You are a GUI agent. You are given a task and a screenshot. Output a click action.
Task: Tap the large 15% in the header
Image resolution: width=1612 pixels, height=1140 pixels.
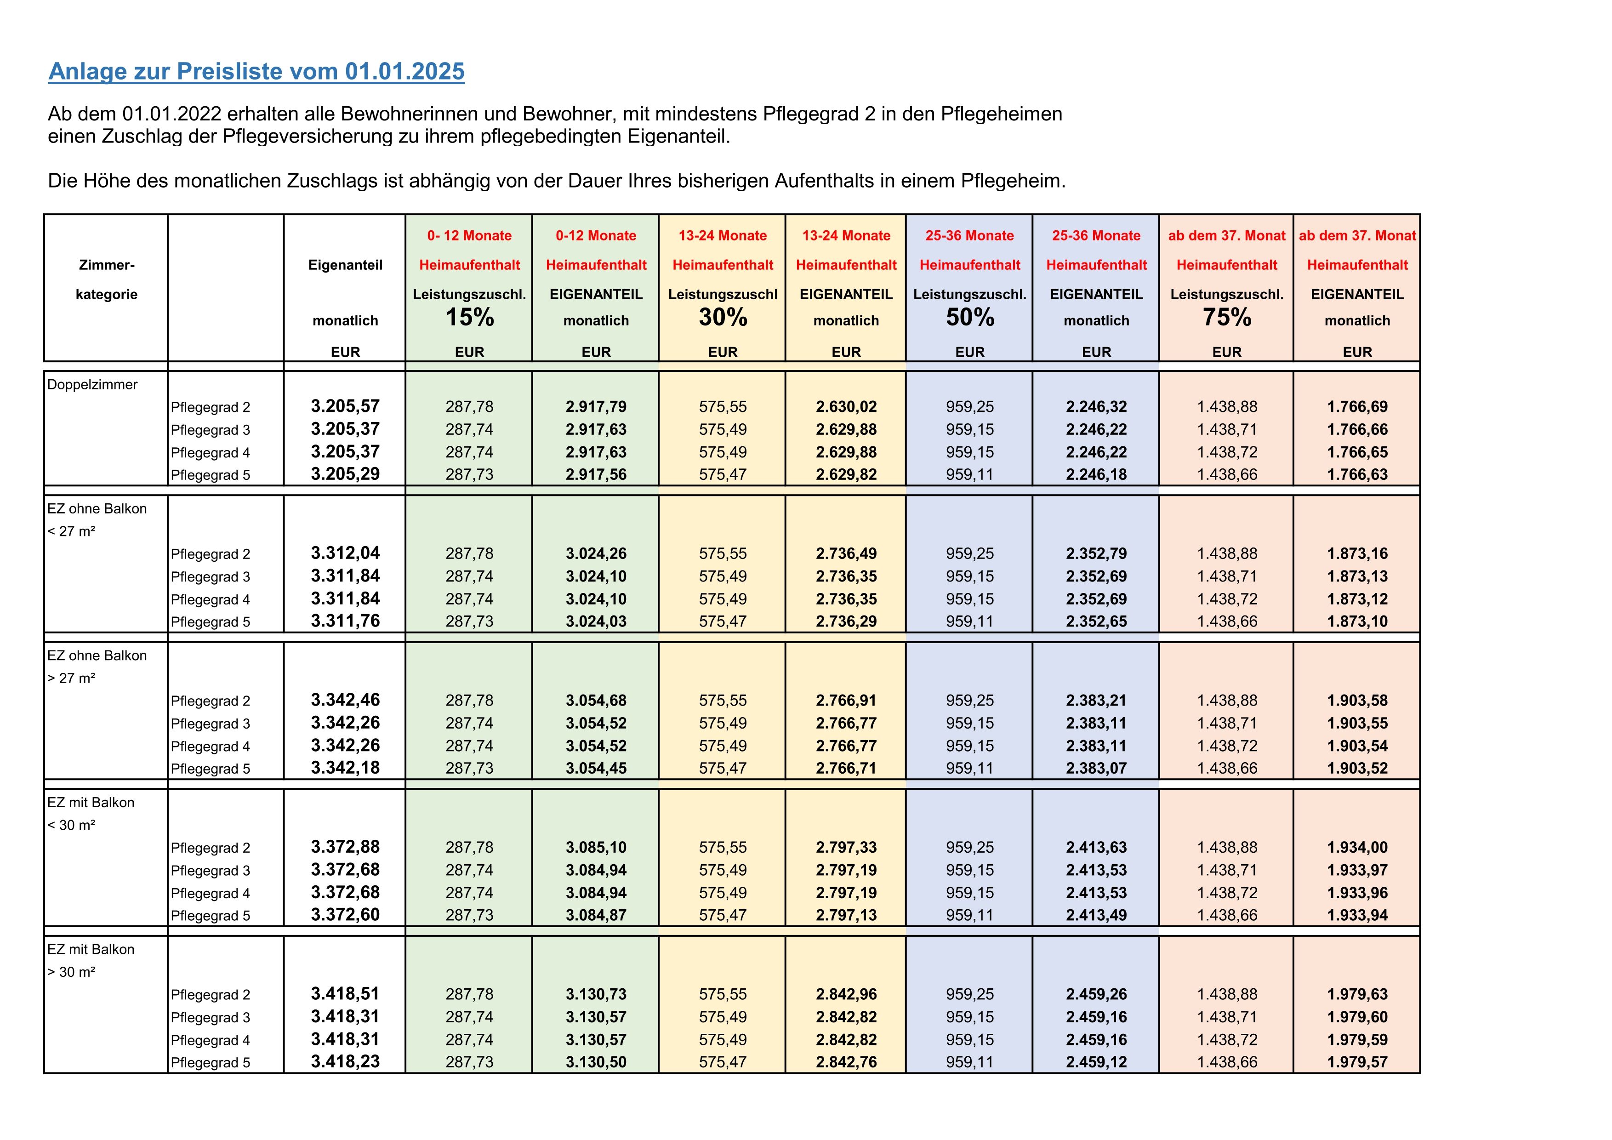click(x=470, y=317)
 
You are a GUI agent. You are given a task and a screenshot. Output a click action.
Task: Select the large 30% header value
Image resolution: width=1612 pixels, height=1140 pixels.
click(x=723, y=317)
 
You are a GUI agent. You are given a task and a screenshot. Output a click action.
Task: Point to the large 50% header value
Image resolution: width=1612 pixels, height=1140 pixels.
click(x=969, y=317)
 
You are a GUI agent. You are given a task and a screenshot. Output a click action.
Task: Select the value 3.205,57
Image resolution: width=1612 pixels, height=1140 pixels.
click(x=346, y=406)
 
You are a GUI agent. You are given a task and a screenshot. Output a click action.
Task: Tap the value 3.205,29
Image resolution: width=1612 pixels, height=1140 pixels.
click(x=346, y=474)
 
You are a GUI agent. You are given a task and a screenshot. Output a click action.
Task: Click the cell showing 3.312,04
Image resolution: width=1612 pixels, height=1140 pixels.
click(x=346, y=553)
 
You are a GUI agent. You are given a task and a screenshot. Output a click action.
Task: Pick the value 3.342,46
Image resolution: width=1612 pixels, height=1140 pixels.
click(x=346, y=700)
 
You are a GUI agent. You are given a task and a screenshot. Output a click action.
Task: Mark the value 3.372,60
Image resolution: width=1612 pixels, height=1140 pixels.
click(x=346, y=915)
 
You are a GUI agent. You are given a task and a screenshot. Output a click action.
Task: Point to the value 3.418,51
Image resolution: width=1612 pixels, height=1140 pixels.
click(x=346, y=994)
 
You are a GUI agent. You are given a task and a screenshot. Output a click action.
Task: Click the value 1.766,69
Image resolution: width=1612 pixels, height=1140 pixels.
click(x=1357, y=406)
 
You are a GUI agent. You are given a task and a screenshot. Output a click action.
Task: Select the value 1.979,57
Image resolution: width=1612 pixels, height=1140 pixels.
click(x=1357, y=1062)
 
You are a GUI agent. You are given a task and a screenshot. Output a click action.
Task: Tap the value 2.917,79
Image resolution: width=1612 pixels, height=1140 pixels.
click(x=596, y=406)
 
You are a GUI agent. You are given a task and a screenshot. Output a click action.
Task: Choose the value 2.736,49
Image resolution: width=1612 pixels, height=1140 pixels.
click(x=846, y=553)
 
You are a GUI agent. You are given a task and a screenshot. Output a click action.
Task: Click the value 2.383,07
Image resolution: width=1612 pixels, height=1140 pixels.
click(x=1096, y=768)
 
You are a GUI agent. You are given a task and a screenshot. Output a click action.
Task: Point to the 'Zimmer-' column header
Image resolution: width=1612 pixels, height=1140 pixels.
click(x=107, y=265)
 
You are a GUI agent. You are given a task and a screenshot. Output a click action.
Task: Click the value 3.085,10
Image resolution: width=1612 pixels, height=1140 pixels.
click(x=596, y=847)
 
